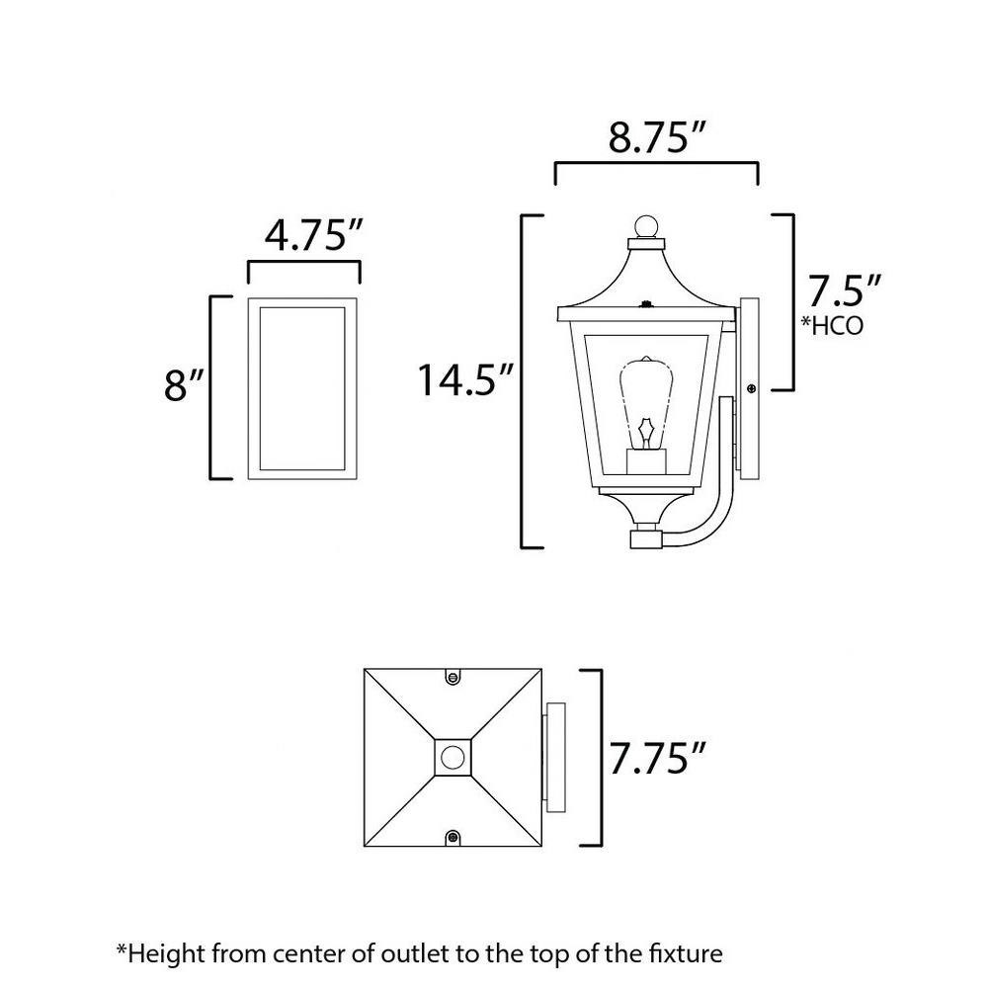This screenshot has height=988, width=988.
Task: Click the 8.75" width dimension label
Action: tap(655, 136)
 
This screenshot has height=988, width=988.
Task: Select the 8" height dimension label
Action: tap(184, 384)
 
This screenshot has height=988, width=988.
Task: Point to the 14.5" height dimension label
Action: tap(466, 379)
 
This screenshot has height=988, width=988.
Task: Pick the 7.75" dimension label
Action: tap(657, 758)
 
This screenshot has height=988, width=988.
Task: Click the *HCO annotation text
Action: tap(832, 325)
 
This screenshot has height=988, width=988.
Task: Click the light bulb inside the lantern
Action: tap(646, 402)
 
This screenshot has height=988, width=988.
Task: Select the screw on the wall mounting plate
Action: tap(751, 388)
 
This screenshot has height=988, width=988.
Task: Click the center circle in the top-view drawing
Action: tap(453, 757)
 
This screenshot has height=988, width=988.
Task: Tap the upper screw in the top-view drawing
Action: tap(452, 677)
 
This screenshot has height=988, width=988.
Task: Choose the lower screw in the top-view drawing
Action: tap(453, 838)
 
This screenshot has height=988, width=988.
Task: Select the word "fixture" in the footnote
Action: tap(686, 953)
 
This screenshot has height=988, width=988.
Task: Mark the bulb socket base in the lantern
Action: tap(646, 461)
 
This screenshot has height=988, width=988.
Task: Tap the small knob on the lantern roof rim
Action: tap(644, 304)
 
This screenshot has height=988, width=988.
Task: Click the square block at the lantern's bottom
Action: tap(646, 538)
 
